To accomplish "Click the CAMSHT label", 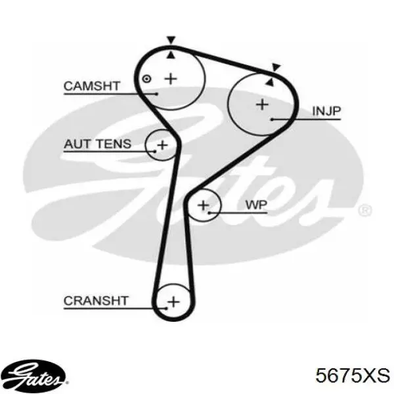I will click(91, 85).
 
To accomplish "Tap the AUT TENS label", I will click(97, 144).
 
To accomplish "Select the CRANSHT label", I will click(96, 301).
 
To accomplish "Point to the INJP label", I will click(326, 111).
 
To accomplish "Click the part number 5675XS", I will click(352, 376).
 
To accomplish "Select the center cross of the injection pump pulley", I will click(262, 104).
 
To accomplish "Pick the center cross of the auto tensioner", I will click(162, 144).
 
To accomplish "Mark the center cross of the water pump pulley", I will click(204, 206).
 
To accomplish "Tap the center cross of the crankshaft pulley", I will click(173, 301).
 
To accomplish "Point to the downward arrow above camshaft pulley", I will click(171, 39).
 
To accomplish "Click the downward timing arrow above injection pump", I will click(276, 66).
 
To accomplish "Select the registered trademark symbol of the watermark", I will click(366, 210).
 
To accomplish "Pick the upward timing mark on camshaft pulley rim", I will click(171, 53).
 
